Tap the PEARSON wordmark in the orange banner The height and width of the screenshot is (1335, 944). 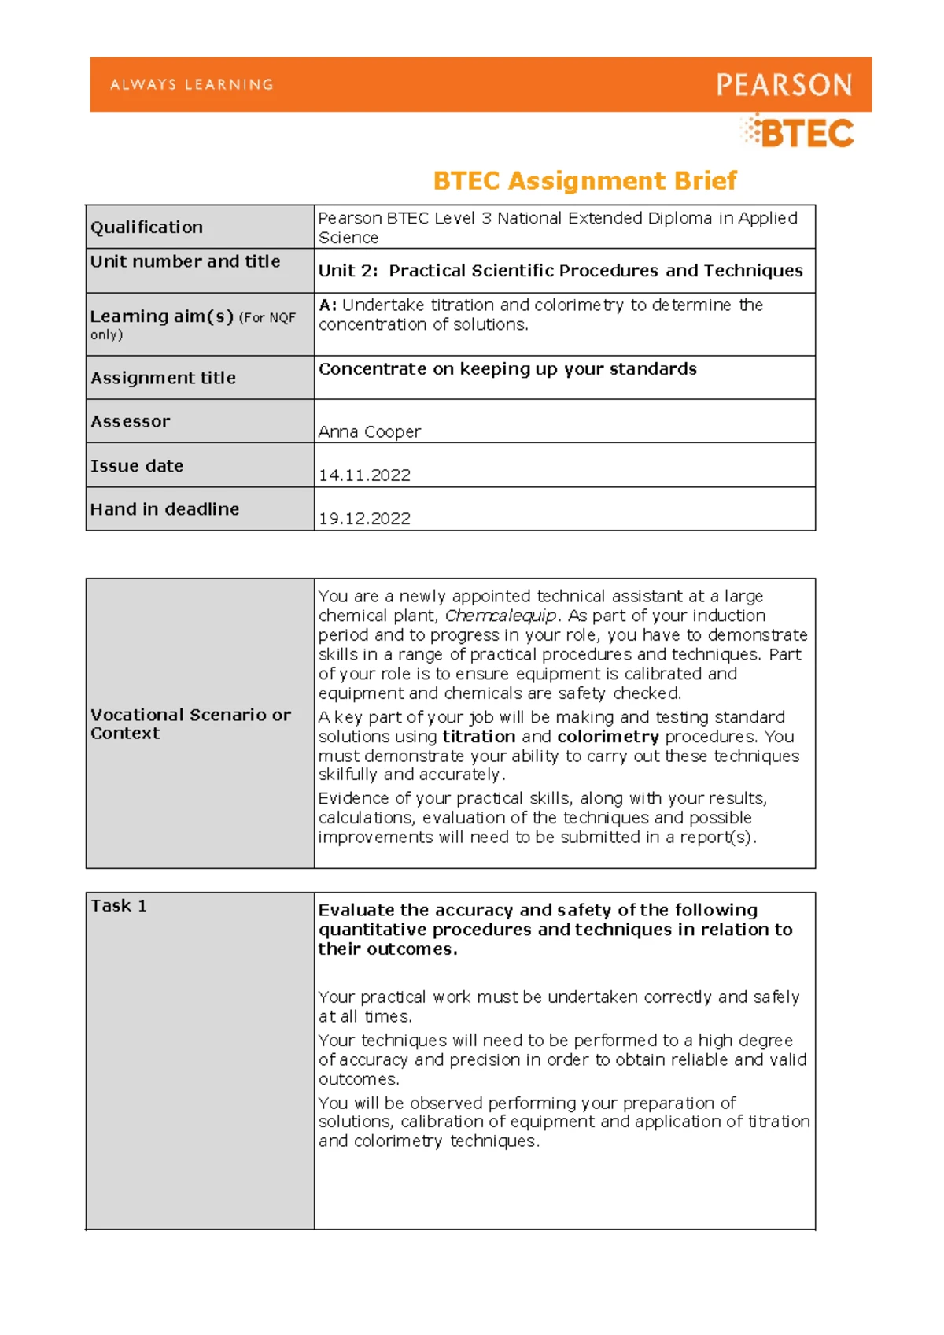click(x=784, y=85)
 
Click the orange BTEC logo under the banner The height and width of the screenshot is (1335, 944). click(x=799, y=132)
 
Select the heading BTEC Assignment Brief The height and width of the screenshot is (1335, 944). click(x=584, y=181)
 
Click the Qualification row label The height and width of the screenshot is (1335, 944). click(x=146, y=227)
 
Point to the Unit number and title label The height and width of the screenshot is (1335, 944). click(x=185, y=261)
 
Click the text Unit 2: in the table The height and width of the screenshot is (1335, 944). click(x=347, y=271)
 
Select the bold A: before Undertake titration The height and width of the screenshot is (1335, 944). click(x=327, y=305)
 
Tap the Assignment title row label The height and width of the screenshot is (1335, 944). click(x=163, y=378)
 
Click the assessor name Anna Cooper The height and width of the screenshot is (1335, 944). click(x=369, y=431)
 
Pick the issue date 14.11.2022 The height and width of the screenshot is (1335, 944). click(x=364, y=475)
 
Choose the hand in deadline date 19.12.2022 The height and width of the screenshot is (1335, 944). click(x=364, y=519)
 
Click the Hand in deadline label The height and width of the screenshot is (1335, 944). click(x=164, y=509)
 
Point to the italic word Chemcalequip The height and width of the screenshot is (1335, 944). click(x=500, y=616)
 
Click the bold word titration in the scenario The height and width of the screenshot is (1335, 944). click(x=478, y=737)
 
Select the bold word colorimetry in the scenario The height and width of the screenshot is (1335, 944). click(x=607, y=737)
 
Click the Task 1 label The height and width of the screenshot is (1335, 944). click(x=118, y=906)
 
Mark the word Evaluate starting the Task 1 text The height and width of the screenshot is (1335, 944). click(x=356, y=911)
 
